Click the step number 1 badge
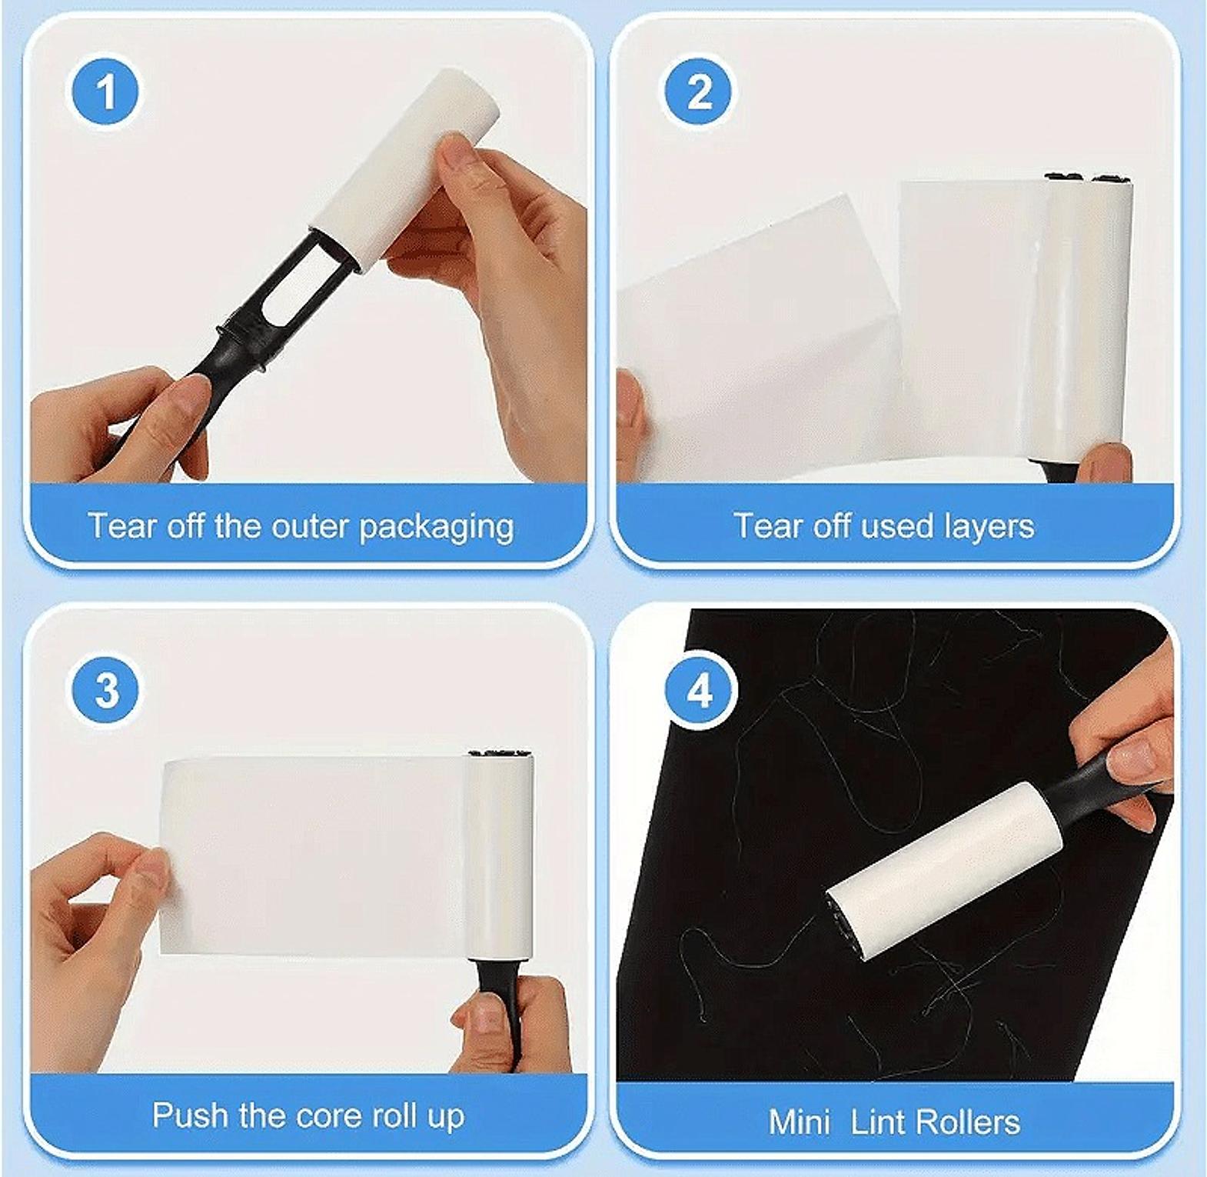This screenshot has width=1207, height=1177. click(x=106, y=92)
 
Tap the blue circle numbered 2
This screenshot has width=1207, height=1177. click(x=699, y=92)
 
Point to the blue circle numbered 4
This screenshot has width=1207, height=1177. click(x=699, y=690)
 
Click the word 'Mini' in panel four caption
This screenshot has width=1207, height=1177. click(x=800, y=1122)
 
